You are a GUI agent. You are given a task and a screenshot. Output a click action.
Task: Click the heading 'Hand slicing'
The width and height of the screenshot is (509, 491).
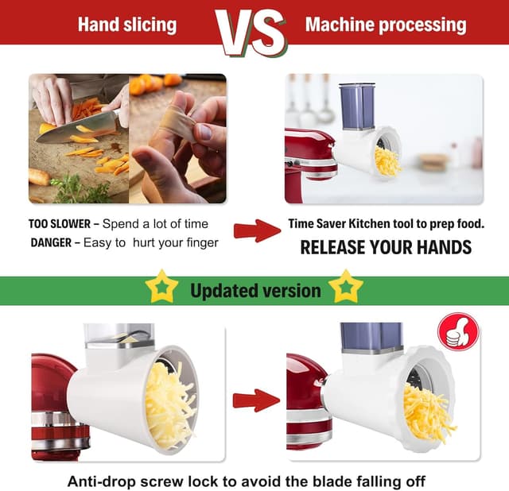(126, 24)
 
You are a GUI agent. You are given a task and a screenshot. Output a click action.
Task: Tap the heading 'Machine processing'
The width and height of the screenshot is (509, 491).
(386, 24)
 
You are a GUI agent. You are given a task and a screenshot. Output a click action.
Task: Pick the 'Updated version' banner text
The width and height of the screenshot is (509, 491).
(255, 290)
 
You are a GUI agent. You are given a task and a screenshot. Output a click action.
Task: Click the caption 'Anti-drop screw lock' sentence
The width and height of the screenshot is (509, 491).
(247, 481)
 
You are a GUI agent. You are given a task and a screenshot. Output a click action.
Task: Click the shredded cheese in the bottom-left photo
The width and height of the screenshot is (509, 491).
(170, 405)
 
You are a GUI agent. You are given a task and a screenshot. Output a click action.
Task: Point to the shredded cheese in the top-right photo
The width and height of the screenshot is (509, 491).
(387, 161)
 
